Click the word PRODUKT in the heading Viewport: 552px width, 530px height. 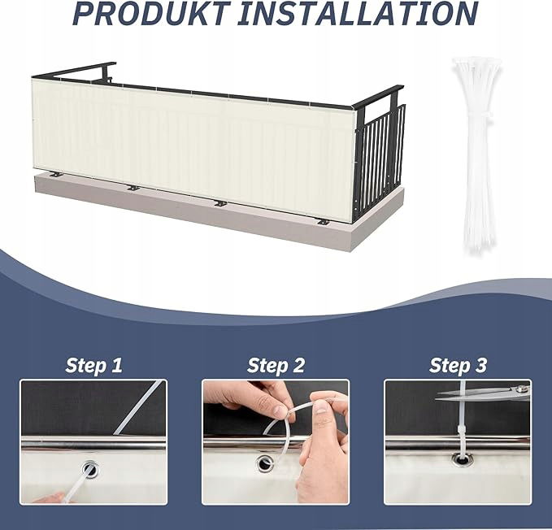(x=151, y=13)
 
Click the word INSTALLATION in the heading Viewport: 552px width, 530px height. (x=358, y=13)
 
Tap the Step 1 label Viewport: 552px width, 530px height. (x=93, y=365)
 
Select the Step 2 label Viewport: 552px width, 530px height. (x=276, y=365)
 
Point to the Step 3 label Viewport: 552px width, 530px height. (x=458, y=365)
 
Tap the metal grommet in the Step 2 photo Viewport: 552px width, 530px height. (x=264, y=463)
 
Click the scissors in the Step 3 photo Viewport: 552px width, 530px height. (x=483, y=393)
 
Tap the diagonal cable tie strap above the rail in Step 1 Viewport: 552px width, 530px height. (x=139, y=407)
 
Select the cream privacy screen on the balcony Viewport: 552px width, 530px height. (x=193, y=145)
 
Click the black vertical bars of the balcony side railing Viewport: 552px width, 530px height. (x=381, y=159)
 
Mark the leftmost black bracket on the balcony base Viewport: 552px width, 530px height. (x=56, y=174)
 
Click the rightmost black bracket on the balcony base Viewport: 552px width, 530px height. (x=323, y=223)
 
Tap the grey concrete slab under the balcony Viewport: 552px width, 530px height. (x=218, y=211)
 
